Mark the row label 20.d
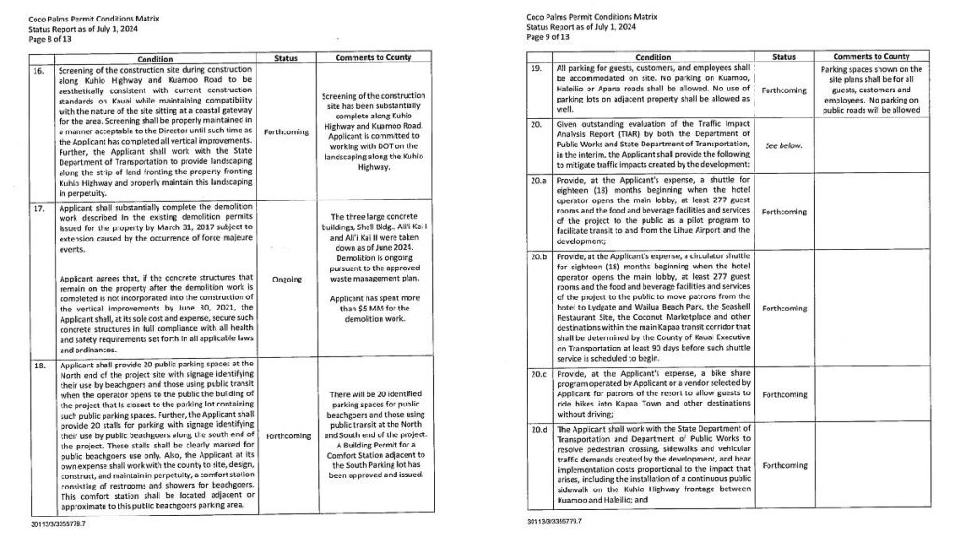pyautogui.click(x=538, y=431)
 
